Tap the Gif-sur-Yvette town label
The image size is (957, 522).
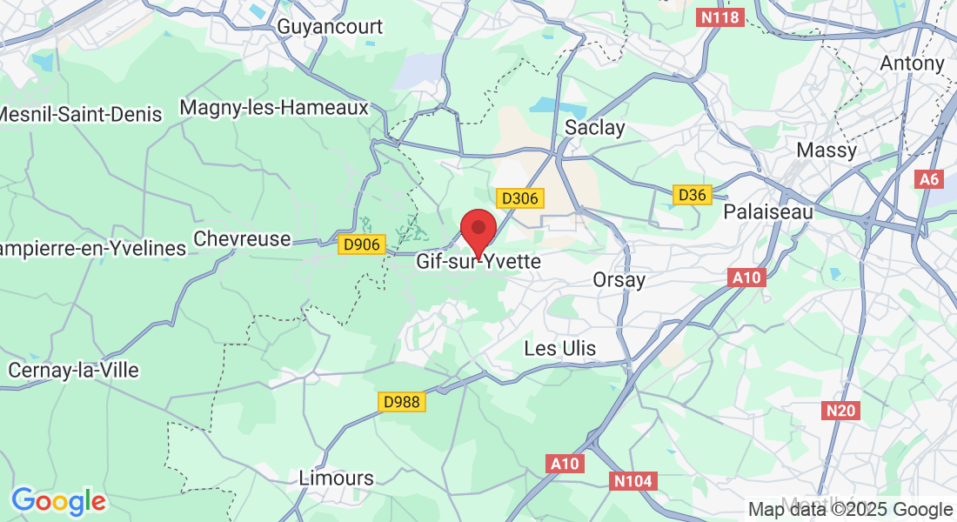(x=478, y=261)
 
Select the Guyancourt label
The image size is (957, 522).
(x=330, y=27)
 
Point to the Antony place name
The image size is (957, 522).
(x=912, y=64)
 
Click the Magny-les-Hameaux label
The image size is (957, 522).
(x=274, y=107)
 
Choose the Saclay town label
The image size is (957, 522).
(x=595, y=127)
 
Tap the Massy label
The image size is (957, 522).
(x=826, y=151)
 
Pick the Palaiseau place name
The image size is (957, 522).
(x=769, y=211)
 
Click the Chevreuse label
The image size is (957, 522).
(x=242, y=238)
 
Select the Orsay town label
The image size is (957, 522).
(x=619, y=280)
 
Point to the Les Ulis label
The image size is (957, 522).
(x=560, y=349)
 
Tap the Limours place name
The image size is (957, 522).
(x=336, y=478)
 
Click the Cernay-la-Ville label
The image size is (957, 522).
(x=73, y=370)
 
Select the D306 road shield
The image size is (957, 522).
(x=520, y=198)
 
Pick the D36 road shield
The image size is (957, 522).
(x=693, y=195)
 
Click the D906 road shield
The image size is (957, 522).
(x=361, y=244)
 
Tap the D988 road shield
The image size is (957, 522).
(x=402, y=402)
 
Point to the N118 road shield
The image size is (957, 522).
(x=721, y=17)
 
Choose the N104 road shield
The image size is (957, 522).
(x=632, y=480)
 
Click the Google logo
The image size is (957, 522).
(x=58, y=501)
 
